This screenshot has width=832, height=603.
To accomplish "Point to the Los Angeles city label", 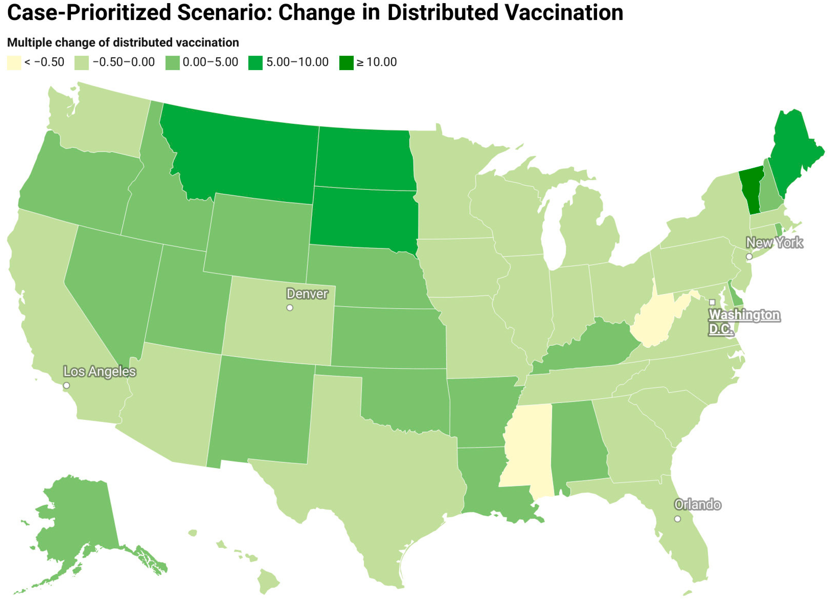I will pyautogui.click(x=99, y=371).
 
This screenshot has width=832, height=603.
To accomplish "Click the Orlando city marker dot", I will pyautogui.click(x=677, y=519).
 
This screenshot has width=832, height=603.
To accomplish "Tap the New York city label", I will pyautogui.click(x=774, y=243).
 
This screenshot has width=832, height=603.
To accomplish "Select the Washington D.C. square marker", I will pyautogui.click(x=712, y=302).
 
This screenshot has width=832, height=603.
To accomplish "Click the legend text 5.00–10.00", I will pyautogui.click(x=297, y=62).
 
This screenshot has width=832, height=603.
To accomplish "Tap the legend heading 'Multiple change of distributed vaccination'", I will pyautogui.click(x=123, y=43).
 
